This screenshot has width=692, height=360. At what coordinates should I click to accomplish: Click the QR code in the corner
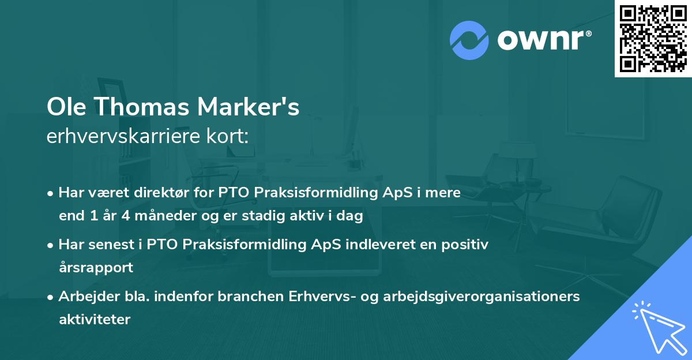[653, 38]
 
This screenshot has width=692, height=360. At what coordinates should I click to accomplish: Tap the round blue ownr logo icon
[469, 40]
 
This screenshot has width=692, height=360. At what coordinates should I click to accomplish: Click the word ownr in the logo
[544, 40]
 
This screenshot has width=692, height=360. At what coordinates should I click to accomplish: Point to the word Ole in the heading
[65, 108]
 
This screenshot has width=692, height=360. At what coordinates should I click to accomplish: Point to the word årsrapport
[96, 267]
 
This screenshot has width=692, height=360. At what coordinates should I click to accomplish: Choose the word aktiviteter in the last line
[95, 319]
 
